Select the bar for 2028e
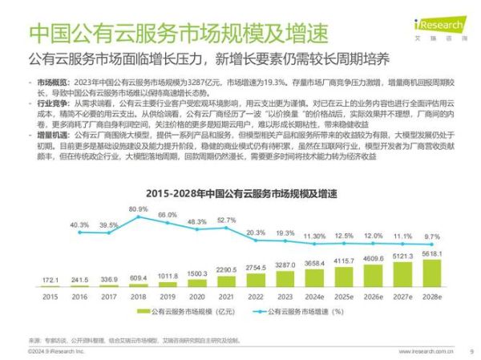coord(431,273)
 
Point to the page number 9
coord(471,350)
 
